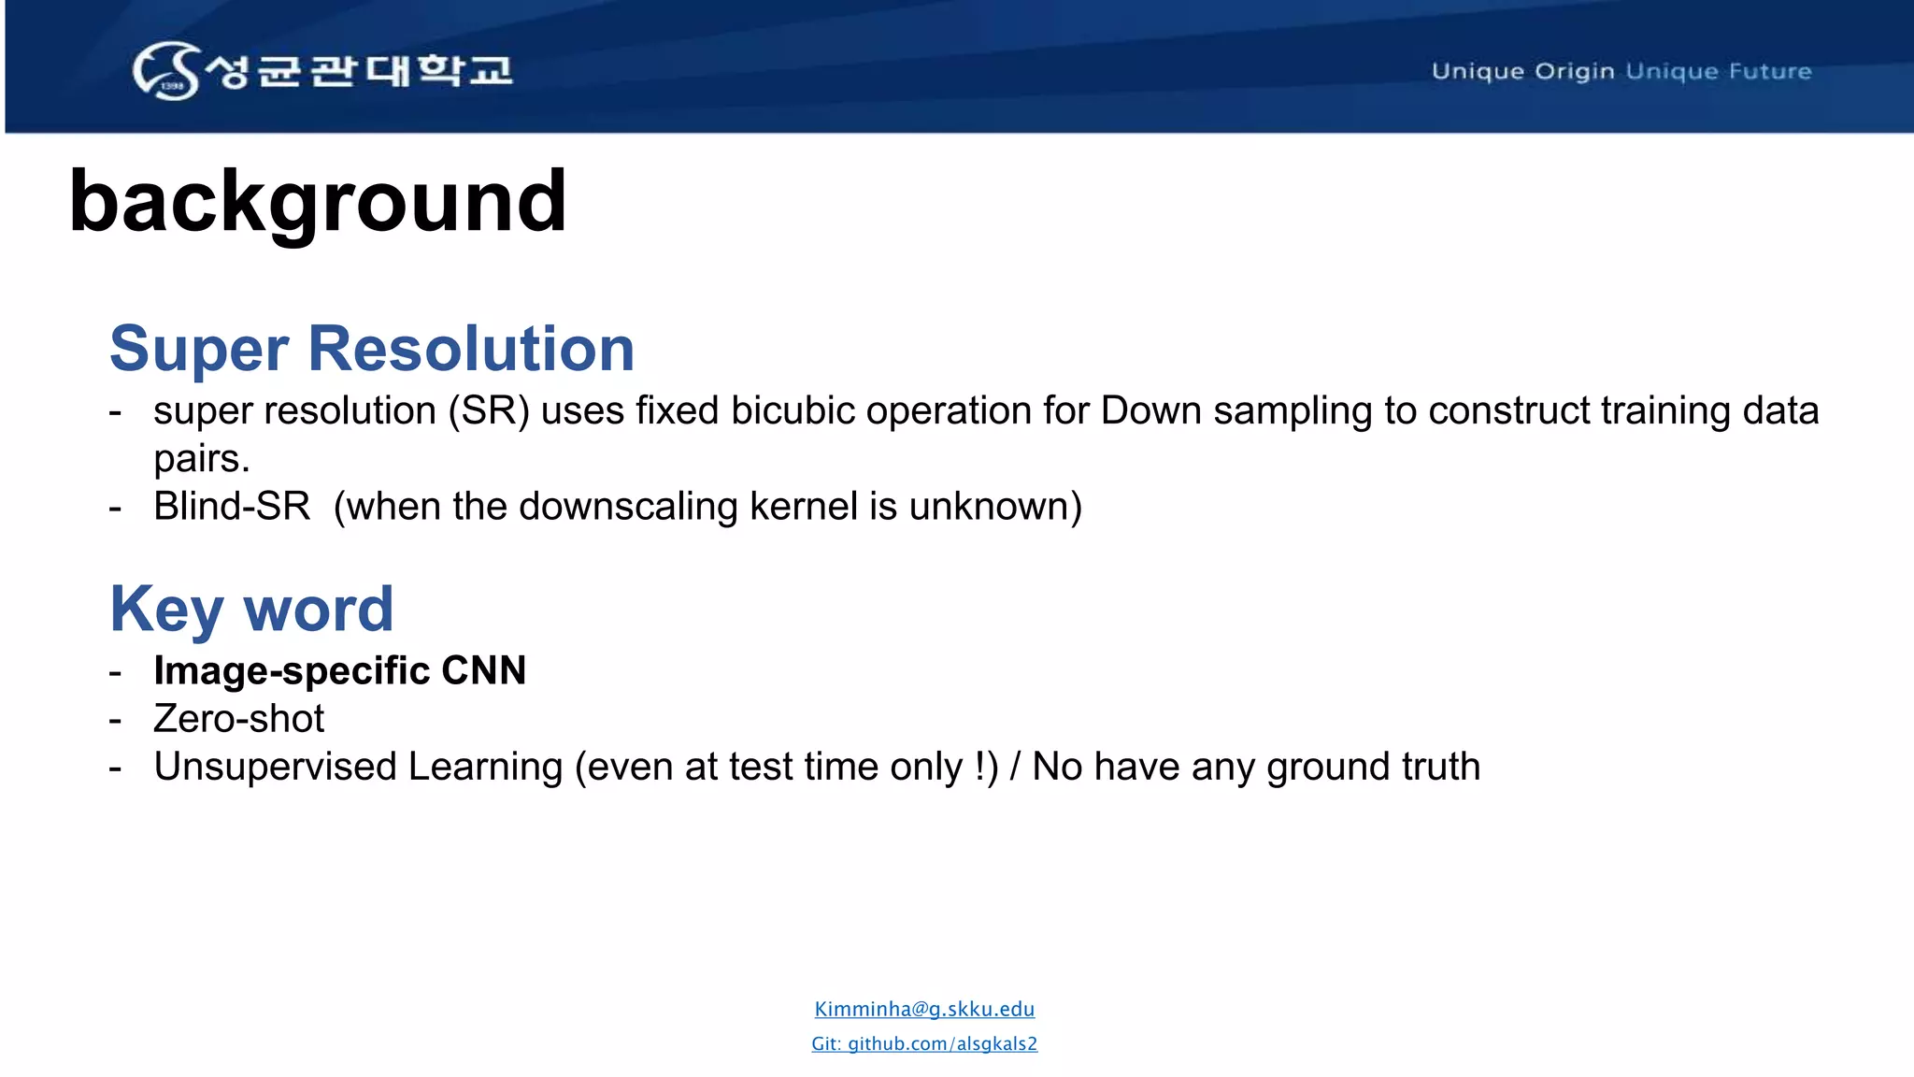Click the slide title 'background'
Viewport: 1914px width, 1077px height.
(x=318, y=201)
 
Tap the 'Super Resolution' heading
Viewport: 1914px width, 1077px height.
(x=372, y=349)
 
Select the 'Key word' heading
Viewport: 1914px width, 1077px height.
(x=251, y=609)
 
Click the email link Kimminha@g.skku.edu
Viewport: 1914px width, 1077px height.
(x=924, y=1009)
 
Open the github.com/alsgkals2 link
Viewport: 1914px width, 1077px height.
(x=924, y=1043)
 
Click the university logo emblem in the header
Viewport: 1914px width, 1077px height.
(x=166, y=70)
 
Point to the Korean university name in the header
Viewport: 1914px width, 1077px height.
(x=360, y=70)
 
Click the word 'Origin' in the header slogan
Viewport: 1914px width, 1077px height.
(x=1575, y=71)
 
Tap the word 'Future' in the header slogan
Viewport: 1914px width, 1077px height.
(x=1770, y=71)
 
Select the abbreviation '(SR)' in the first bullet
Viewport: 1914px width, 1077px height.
(x=489, y=410)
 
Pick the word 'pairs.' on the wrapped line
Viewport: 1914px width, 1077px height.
(x=202, y=458)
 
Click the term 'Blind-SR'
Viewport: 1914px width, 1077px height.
(x=232, y=506)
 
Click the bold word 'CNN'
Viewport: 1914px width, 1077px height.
(x=483, y=670)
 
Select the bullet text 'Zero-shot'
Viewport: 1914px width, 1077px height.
(x=239, y=718)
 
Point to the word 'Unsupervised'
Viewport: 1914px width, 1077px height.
(x=275, y=767)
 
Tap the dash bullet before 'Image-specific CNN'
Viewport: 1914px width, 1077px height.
(x=115, y=671)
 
